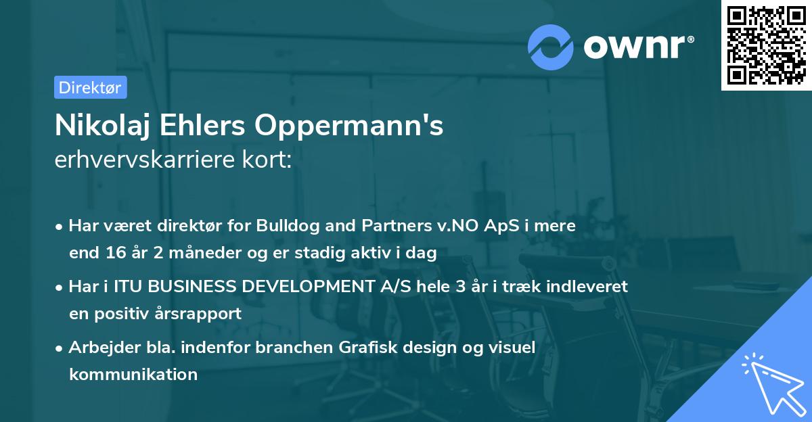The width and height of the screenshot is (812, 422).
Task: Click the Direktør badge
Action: click(x=90, y=87)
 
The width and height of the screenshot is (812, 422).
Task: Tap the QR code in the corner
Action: click(x=766, y=45)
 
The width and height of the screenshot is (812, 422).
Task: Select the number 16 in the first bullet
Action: click(x=114, y=254)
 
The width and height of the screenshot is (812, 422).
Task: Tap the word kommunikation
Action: click(x=133, y=374)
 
